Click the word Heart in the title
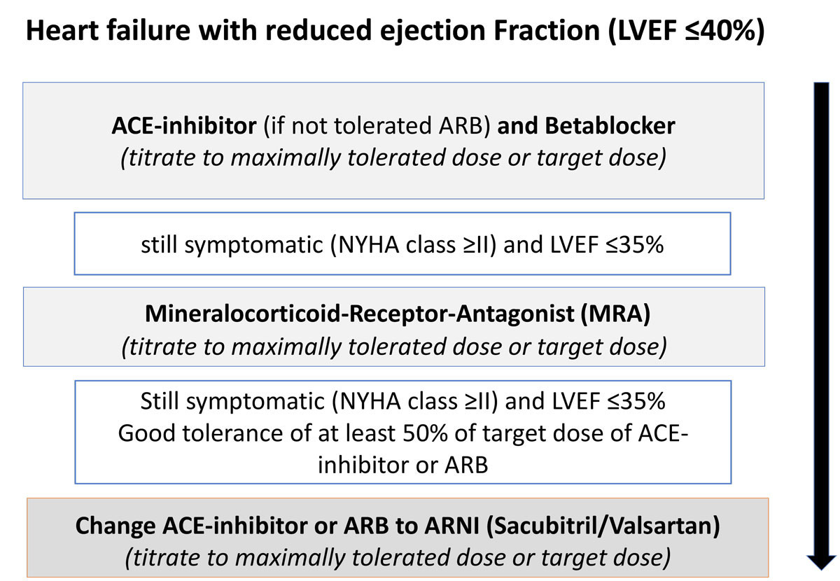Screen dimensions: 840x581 tap(62, 30)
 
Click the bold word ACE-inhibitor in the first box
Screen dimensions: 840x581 tap(184, 125)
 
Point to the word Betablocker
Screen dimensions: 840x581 tap(610, 125)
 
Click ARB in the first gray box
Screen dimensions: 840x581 tap(464, 125)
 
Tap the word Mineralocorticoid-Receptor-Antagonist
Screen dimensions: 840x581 tap(359, 314)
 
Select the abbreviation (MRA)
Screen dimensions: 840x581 tap(615, 314)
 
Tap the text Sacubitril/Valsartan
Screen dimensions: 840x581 tap(603, 526)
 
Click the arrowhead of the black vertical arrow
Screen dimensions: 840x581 tap(821, 562)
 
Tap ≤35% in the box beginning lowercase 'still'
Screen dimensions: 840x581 tap(634, 244)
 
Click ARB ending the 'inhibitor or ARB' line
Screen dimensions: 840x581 tap(466, 465)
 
